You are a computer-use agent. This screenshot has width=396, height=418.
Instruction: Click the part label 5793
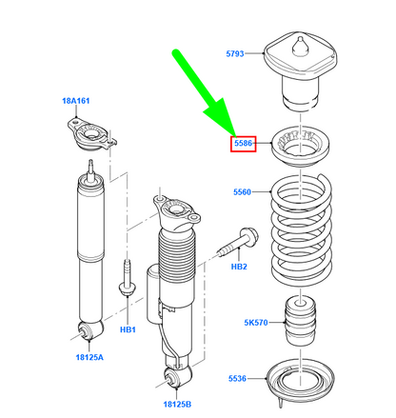tap(235, 53)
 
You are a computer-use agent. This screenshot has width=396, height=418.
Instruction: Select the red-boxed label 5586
tap(243, 144)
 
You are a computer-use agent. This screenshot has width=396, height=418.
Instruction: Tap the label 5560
tap(242, 192)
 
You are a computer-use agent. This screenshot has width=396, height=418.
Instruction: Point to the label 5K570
tap(256, 323)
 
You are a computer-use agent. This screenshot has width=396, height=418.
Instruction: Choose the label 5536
tap(237, 378)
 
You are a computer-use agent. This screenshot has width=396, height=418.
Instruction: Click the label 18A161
tap(76, 101)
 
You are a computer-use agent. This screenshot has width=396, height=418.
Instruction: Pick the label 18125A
tap(89, 357)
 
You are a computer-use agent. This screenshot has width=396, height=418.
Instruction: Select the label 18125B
tap(177, 405)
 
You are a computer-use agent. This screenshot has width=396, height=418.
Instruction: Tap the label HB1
tap(128, 329)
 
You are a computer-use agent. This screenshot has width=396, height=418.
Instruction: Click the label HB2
tap(239, 267)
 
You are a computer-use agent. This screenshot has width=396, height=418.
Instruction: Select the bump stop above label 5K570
tap(301, 321)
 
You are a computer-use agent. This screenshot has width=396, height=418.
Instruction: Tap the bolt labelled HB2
tap(239, 243)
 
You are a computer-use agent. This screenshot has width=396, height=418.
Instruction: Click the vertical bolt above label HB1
tap(128, 278)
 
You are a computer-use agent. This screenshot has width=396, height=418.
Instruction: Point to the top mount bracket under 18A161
tap(91, 136)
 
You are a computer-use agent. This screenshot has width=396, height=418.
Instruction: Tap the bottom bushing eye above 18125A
tap(90, 330)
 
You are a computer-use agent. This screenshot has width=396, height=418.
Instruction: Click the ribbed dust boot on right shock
tap(176, 256)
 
